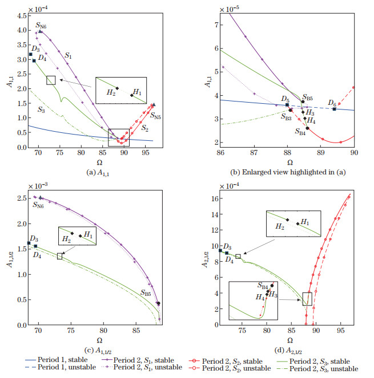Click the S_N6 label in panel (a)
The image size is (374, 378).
42,25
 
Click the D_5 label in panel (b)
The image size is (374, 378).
285,99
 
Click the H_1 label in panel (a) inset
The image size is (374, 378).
137,92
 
